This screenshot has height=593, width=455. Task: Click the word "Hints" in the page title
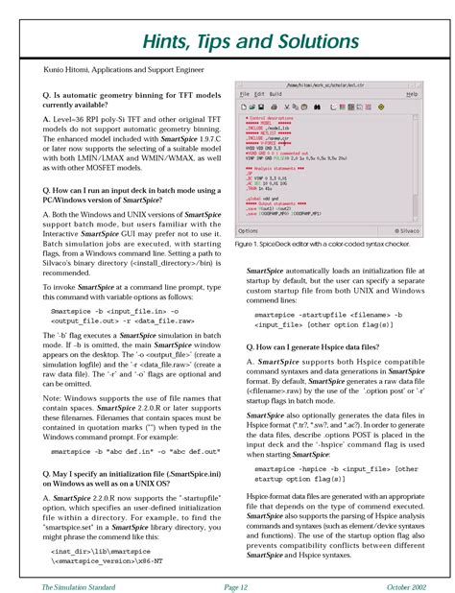[171, 40]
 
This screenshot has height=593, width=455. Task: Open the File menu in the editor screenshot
[244, 94]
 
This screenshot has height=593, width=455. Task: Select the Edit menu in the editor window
[258, 94]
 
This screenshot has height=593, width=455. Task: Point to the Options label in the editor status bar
[248, 230]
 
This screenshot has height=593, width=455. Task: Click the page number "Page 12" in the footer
[227, 584]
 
